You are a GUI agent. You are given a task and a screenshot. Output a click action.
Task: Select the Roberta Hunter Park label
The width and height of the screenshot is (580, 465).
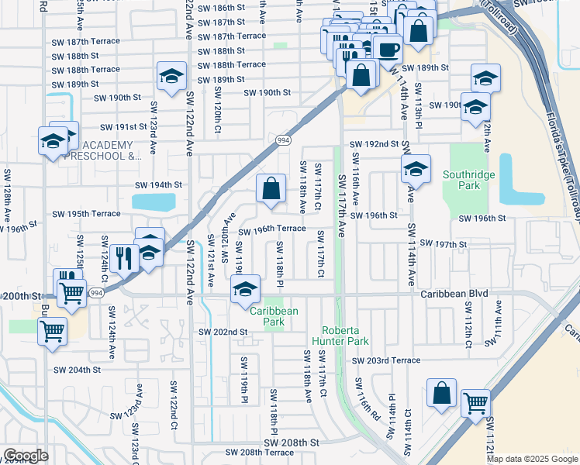[340, 335]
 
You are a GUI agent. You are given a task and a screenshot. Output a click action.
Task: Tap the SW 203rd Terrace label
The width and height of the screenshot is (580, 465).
[385, 360]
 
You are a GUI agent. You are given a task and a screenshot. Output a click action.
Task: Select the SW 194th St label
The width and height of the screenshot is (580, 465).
[158, 185]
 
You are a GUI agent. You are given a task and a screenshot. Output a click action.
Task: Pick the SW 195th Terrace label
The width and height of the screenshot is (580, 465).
[86, 214]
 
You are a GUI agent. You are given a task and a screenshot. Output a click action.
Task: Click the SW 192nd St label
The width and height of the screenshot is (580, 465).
[374, 144]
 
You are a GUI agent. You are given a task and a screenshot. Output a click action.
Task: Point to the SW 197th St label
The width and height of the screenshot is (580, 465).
[440, 244]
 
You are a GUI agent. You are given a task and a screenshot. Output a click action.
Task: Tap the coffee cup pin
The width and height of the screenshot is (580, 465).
[387, 48]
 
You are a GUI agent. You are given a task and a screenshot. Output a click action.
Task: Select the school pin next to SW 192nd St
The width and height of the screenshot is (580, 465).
[416, 169]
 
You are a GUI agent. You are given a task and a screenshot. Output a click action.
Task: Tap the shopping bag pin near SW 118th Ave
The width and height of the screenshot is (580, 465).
[271, 188]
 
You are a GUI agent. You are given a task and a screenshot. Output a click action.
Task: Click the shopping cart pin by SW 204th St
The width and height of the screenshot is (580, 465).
[52, 332]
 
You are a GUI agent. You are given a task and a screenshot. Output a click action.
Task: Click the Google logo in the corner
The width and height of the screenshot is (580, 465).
[26, 456]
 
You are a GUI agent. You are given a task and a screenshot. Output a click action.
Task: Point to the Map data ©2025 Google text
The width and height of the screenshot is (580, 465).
[531, 459]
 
